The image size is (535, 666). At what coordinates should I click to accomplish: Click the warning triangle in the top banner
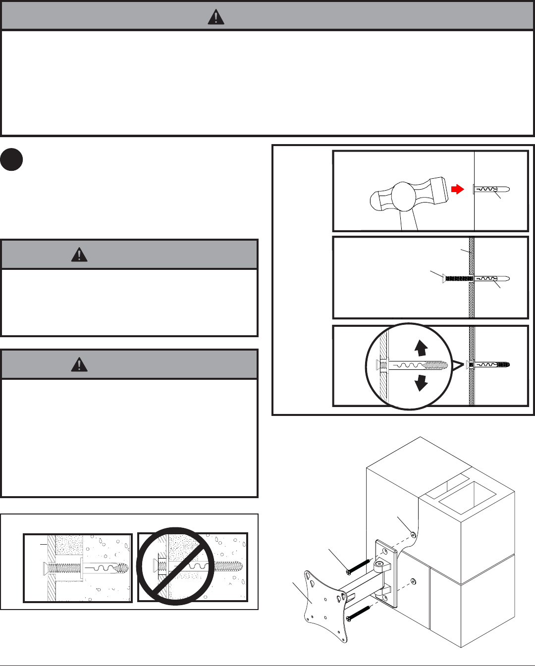(216, 17)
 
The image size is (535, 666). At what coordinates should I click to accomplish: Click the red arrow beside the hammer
(457, 189)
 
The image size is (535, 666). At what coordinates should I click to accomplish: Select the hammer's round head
(405, 196)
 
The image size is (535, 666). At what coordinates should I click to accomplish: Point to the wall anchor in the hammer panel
(491, 189)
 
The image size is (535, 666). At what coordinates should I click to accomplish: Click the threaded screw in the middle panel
(457, 279)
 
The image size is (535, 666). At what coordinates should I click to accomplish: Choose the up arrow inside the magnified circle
(421, 348)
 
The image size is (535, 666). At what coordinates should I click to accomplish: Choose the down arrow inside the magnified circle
(421, 382)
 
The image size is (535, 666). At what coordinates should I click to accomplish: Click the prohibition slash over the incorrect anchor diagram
(175, 566)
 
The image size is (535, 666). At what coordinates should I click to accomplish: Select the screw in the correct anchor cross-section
(64, 566)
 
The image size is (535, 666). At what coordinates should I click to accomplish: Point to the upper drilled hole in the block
(413, 534)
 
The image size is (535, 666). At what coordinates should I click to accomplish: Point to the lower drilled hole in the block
(413, 581)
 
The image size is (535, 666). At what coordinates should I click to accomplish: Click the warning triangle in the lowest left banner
(79, 365)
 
